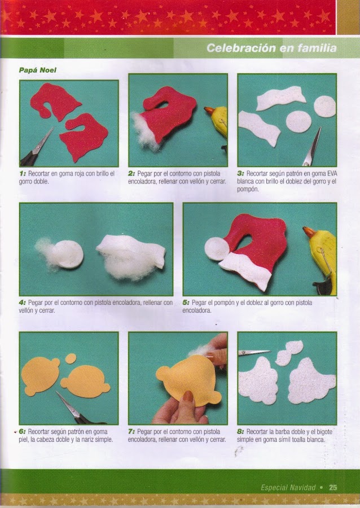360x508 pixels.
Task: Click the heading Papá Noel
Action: (x=38, y=70)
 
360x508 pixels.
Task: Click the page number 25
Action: (x=333, y=487)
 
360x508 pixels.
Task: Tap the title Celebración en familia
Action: (x=271, y=49)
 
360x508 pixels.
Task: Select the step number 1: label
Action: (x=23, y=173)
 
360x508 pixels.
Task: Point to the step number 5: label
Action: (x=186, y=303)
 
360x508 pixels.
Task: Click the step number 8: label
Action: (x=240, y=432)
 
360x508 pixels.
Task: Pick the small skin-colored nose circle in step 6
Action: (x=71, y=358)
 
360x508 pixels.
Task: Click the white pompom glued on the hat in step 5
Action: (x=216, y=248)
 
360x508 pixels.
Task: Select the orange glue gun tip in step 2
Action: (x=209, y=111)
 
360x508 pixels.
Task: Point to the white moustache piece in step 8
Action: (x=288, y=353)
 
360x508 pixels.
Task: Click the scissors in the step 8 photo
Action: (x=254, y=352)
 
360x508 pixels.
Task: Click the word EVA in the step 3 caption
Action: (x=332, y=173)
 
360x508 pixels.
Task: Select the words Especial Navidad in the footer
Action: (x=288, y=488)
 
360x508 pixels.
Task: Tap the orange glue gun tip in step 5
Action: (x=309, y=232)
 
